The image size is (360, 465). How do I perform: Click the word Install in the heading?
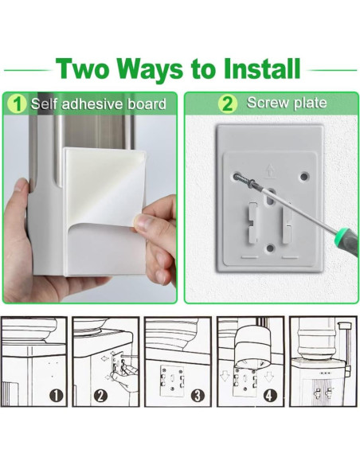coord(262,68)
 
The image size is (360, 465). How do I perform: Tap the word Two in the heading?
coord(82,68)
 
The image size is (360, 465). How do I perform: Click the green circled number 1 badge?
coord(18,104)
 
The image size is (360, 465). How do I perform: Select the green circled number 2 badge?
coord(228,104)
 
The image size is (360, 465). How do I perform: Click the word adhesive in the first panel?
coord(92,104)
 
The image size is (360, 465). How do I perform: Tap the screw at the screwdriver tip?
coord(244,180)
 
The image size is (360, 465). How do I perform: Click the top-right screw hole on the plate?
coord(304,177)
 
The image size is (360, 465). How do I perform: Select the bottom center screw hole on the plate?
coord(270,248)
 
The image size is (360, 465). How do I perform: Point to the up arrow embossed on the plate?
coord(270,172)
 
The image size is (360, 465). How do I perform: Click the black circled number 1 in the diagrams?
coord(56,395)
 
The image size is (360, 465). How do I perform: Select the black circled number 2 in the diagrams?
coord(100,395)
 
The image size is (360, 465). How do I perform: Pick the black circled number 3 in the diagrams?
coord(198,395)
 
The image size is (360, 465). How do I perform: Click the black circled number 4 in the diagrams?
coord(269,395)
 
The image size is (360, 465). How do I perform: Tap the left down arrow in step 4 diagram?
coord(225,376)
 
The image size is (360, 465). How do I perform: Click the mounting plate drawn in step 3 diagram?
coord(172,381)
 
